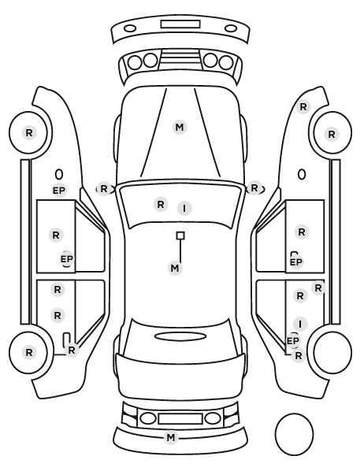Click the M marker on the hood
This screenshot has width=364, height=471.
pyautogui.click(x=180, y=128)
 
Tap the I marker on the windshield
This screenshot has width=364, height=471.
pyautogui.click(x=184, y=208)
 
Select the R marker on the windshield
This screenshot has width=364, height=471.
pyautogui.click(x=161, y=205)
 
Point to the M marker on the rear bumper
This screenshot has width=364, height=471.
pyautogui.click(x=171, y=437)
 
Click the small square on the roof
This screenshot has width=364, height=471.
pyautogui.click(x=180, y=235)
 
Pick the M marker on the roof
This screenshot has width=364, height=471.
pyautogui.click(x=175, y=268)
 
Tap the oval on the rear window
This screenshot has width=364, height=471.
pyautogui.click(x=180, y=336)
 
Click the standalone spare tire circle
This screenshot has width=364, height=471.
pyautogui.click(x=294, y=434)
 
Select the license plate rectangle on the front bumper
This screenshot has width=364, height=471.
pyautogui.click(x=180, y=24)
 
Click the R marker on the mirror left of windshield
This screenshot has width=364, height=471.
pyautogui.click(x=104, y=189)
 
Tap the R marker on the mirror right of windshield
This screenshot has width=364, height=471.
pyautogui.click(x=254, y=188)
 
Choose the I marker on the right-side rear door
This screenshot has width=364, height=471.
pyautogui.click(x=300, y=325)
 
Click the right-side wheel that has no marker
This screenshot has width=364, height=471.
pyautogui.click(x=332, y=352)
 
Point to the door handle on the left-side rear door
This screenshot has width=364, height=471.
pyautogui.click(x=66, y=339)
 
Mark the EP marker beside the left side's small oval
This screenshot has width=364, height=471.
pyautogui.click(x=59, y=191)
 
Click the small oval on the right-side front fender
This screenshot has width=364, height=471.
pyautogui.click(x=302, y=174)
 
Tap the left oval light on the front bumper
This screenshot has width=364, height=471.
pyautogui.click(x=130, y=28)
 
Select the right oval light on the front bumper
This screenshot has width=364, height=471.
pyautogui.click(x=231, y=28)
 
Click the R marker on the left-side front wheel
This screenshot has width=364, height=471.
pyautogui.click(x=29, y=133)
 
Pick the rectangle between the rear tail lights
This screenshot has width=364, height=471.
pyautogui.click(x=180, y=418)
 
